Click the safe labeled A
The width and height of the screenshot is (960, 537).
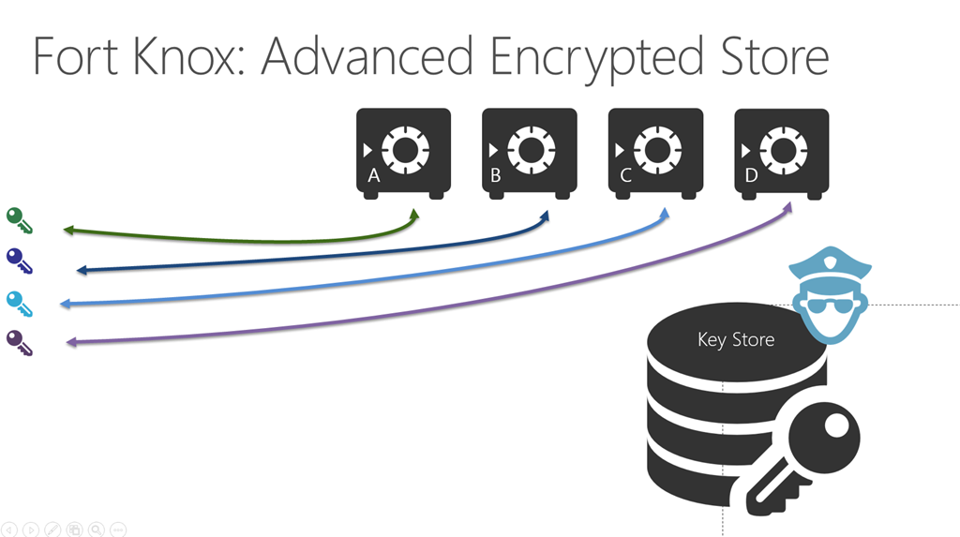coord(403,153)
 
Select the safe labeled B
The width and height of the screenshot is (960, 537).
coord(529,153)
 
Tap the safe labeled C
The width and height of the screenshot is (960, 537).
coord(655,153)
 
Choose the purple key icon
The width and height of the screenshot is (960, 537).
coord(19,342)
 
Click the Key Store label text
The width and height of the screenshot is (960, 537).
coord(736,339)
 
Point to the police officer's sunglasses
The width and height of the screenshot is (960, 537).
coord(829,307)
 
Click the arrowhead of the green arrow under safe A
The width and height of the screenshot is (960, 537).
coord(413,216)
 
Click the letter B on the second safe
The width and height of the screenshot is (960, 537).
coord(496,175)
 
